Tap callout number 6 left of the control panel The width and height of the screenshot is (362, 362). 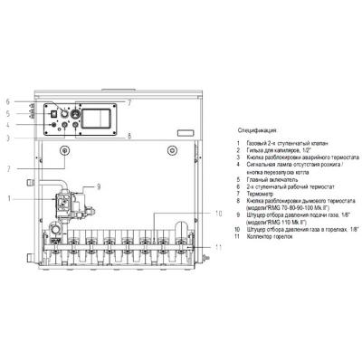click(7, 101)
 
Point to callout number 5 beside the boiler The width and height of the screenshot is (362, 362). click(7, 114)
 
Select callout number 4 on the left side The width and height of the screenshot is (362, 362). click(7, 125)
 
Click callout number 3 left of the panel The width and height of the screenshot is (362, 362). click(7, 138)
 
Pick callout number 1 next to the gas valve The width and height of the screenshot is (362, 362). click(7, 197)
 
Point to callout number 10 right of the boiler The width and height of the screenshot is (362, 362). click(217, 214)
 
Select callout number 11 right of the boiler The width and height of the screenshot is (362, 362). click(217, 247)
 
